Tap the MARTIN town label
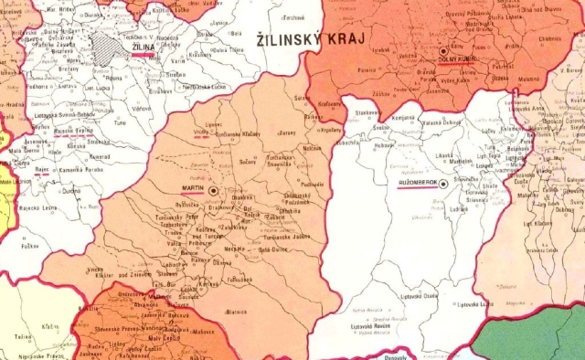192,187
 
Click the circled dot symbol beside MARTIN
213,189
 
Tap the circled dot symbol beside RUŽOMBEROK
443,184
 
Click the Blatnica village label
235,311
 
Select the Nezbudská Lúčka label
205,88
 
